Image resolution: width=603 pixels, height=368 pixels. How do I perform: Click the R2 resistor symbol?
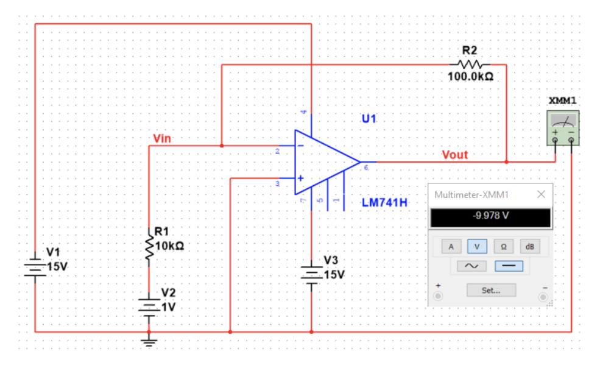[470, 63]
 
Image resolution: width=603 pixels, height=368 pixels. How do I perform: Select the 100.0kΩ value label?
[470, 77]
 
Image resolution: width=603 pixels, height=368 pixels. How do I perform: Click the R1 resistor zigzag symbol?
[149, 246]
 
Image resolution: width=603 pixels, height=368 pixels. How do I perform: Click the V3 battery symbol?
[311, 273]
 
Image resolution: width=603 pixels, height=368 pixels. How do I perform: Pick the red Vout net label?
[454, 155]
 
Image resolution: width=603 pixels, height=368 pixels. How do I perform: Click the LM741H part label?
[384, 202]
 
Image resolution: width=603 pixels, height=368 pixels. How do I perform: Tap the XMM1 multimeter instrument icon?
[562, 129]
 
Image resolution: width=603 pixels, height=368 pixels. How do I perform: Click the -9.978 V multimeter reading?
[490, 217]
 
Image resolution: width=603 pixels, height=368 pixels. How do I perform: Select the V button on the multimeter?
[477, 246]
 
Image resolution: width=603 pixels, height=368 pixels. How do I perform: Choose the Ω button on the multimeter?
[504, 246]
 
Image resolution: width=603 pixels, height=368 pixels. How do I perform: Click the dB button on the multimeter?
[531, 246]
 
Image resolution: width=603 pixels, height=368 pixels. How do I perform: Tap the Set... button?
[491, 291]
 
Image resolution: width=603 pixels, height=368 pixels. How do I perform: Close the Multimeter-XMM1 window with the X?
[541, 194]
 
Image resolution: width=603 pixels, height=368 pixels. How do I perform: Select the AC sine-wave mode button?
[472, 266]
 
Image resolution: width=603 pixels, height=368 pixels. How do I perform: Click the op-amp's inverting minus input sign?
[300, 146]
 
